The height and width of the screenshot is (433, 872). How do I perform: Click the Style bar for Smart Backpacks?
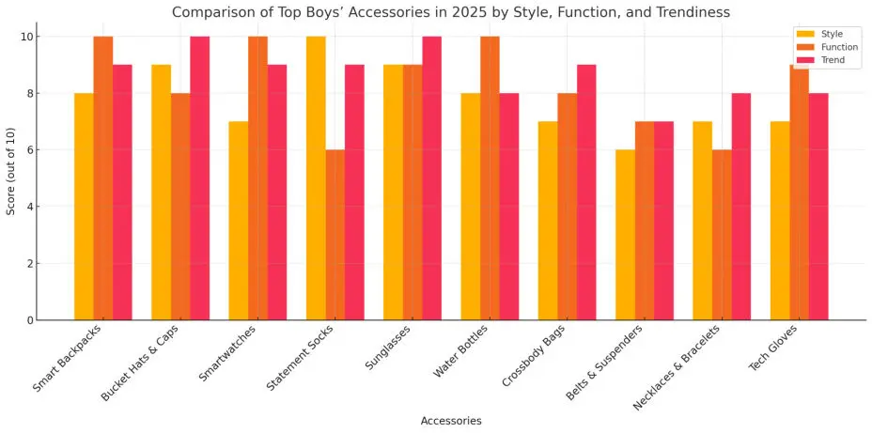click(x=84, y=207)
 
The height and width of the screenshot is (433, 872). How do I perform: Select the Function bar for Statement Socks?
click(x=335, y=235)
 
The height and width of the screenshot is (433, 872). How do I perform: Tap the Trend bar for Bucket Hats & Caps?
click(x=199, y=178)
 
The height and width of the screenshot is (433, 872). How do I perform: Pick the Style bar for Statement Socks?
click(x=316, y=178)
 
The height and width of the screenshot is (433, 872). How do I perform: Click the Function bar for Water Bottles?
click(x=490, y=178)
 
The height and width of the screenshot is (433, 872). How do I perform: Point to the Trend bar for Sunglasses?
click(x=432, y=178)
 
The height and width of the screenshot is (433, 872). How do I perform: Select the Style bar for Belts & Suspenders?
click(x=625, y=235)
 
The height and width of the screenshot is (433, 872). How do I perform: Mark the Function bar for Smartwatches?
click(x=257, y=178)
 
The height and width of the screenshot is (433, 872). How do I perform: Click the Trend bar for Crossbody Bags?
click(x=586, y=193)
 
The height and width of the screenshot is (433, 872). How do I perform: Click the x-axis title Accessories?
click(x=451, y=421)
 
